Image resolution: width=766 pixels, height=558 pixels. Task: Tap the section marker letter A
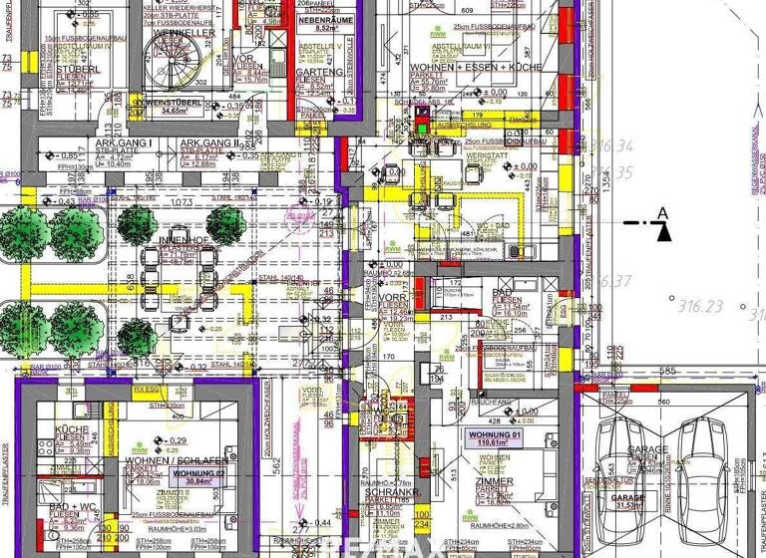point(662,212)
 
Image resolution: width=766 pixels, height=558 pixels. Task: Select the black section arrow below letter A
point(663,231)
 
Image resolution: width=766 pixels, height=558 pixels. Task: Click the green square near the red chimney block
point(422,127)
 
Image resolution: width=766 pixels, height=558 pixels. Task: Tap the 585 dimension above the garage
point(669,372)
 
